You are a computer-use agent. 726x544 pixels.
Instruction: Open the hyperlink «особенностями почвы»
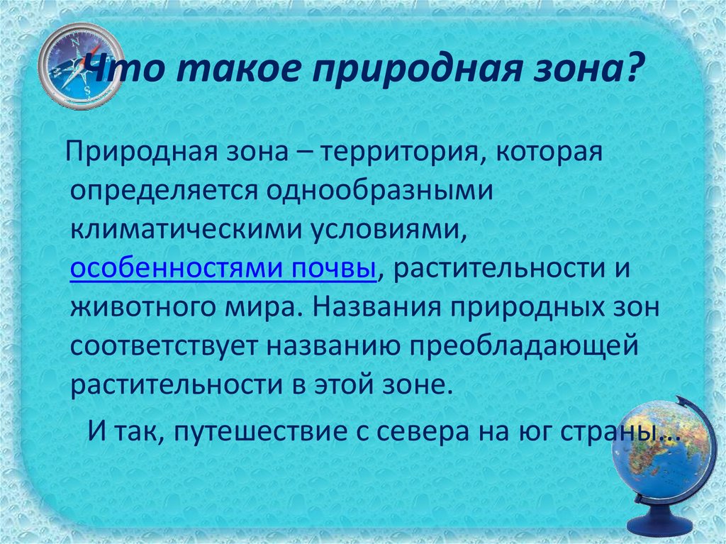point(223,270)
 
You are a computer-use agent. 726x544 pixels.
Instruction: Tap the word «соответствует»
point(161,348)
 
